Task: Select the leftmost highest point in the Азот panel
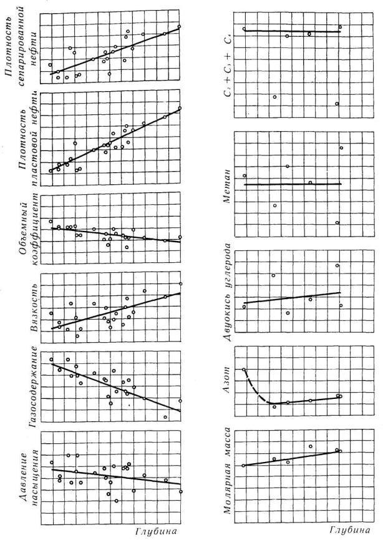[x=244, y=370]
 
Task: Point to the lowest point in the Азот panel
[x=274, y=407]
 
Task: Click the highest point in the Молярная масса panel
[x=310, y=446]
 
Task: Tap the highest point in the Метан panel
[x=341, y=148]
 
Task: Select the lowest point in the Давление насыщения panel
[x=116, y=501]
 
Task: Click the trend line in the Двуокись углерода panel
[x=293, y=297]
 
